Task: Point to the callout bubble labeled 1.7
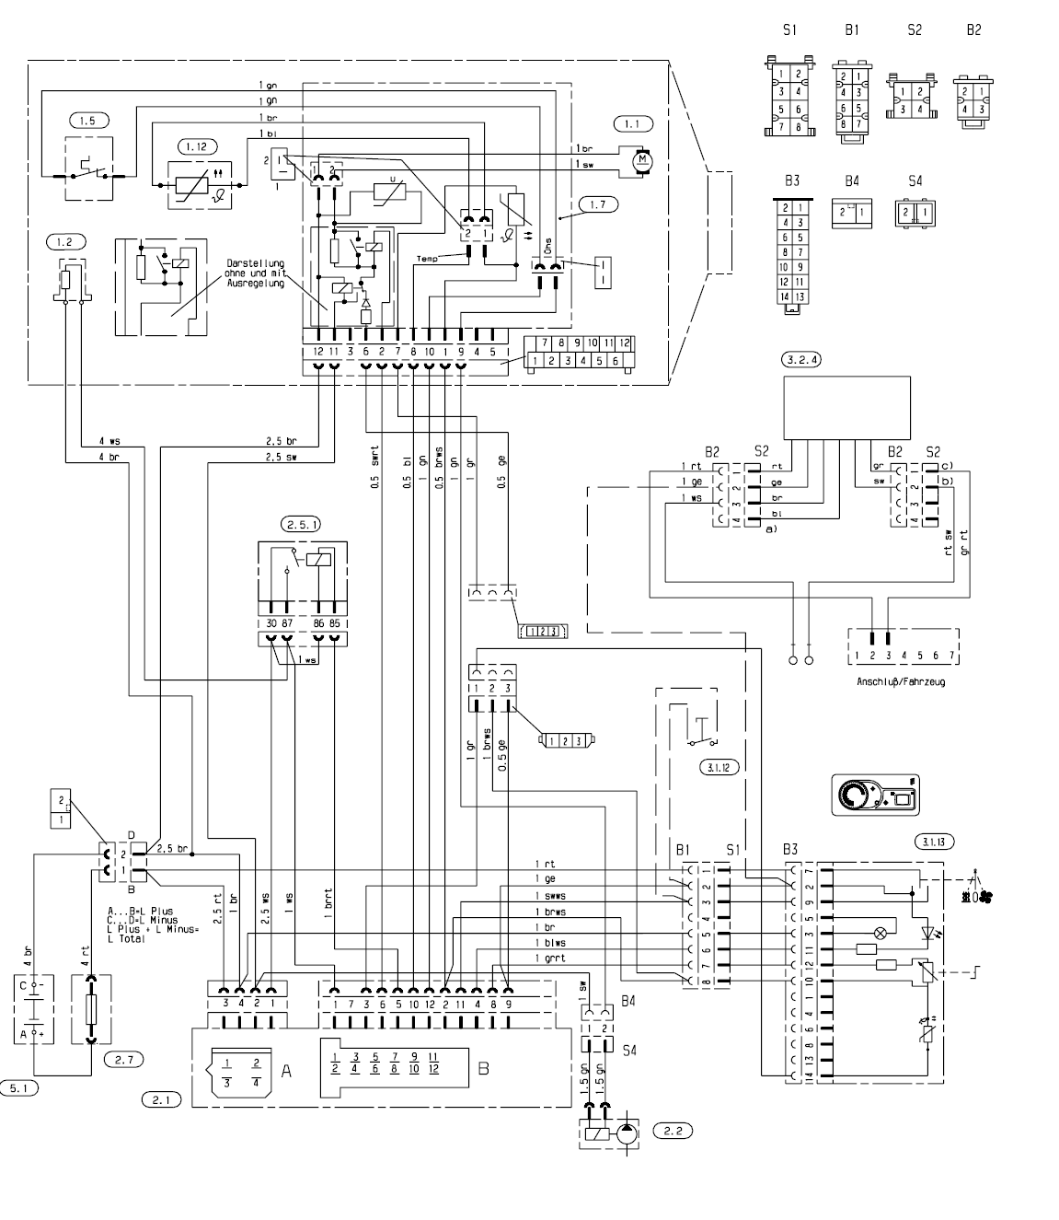coord(598,203)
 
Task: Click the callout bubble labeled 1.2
coord(64,242)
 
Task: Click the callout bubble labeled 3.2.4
coord(800,359)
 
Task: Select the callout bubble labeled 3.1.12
coord(719,766)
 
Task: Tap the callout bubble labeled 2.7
coord(123,1060)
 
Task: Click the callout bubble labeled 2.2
coord(671,1130)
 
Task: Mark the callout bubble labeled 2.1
coord(162,1099)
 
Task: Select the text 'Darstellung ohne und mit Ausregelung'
coord(255,273)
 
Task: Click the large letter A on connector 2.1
coord(286,1071)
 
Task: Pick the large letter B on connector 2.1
coord(484,1070)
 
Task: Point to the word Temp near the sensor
coord(428,260)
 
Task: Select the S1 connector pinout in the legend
coord(788,96)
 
